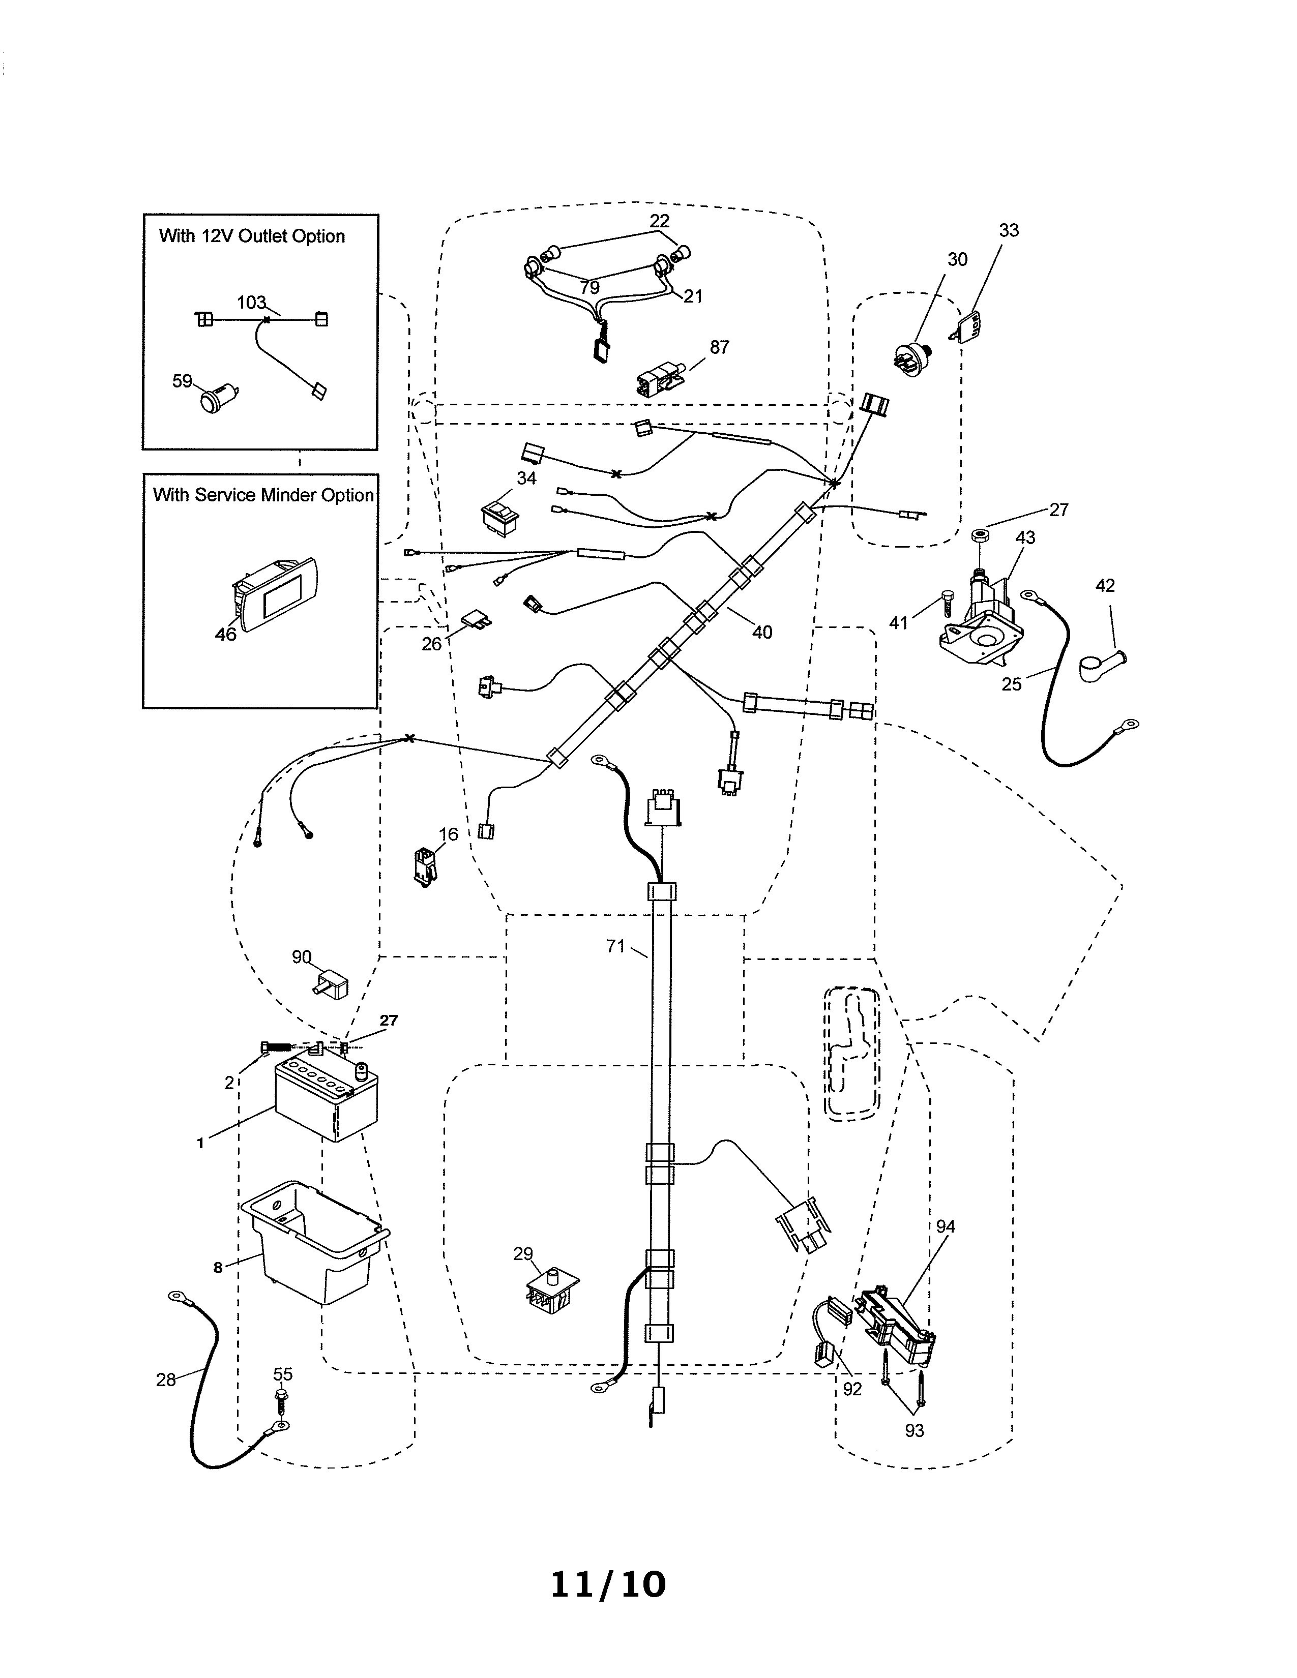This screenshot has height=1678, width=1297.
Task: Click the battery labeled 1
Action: [327, 1099]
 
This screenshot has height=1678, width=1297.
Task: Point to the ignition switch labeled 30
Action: [911, 359]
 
